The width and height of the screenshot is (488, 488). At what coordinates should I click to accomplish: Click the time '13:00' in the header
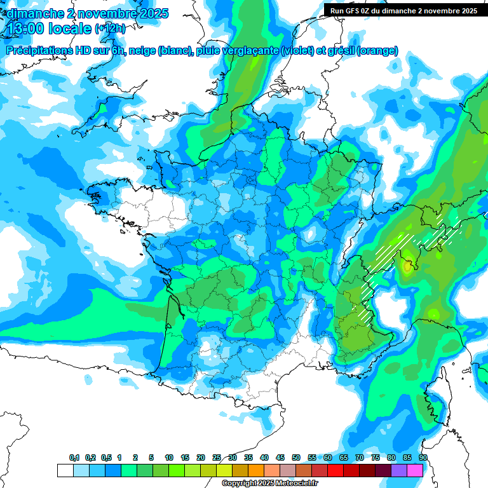[26, 29]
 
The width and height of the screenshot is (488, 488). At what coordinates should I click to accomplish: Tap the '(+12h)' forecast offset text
[110, 29]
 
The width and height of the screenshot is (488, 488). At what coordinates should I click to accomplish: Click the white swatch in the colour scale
[65, 470]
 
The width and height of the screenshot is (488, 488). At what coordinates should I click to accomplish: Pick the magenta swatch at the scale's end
[415, 470]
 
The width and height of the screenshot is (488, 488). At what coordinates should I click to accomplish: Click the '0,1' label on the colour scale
[74, 458]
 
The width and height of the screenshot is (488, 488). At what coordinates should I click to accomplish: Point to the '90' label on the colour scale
[423, 458]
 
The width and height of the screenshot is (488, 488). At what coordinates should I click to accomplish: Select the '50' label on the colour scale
[296, 458]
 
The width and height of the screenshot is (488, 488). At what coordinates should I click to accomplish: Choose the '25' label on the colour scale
[217, 458]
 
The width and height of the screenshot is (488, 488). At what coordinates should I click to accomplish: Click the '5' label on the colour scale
[151, 458]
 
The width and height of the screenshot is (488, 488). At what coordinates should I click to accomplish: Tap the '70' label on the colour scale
[360, 458]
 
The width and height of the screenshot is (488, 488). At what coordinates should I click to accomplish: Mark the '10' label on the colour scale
[169, 458]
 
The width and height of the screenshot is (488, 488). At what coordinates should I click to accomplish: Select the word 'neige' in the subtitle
[141, 51]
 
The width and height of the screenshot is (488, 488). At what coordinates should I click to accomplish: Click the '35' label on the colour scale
[248, 458]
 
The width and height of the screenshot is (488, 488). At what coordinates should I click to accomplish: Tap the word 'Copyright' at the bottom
[239, 484]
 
